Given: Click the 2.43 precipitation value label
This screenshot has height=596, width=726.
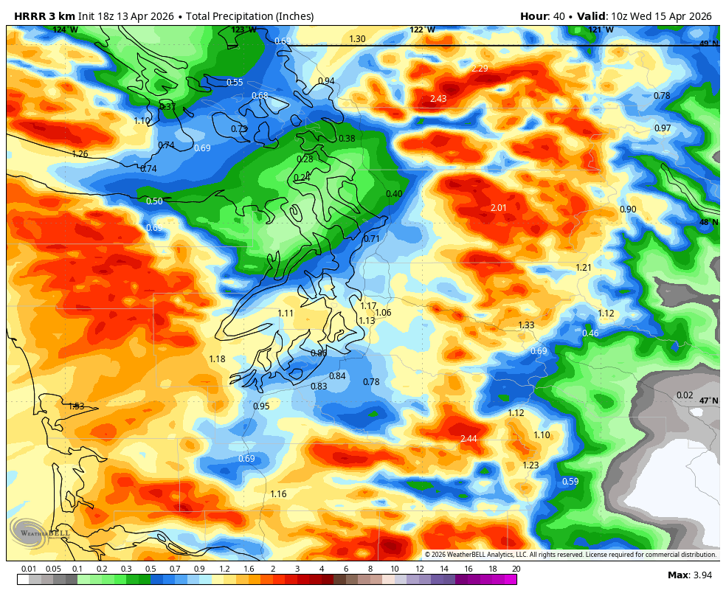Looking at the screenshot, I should point(438,99).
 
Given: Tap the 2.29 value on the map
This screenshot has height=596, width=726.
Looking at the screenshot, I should point(480,69).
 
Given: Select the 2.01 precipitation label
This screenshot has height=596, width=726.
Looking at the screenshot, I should point(499,208).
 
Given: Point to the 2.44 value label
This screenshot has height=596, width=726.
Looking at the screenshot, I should point(469,439).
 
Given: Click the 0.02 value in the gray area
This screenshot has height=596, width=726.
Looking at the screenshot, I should point(685,395).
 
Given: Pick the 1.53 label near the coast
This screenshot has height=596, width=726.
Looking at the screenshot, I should point(76,406).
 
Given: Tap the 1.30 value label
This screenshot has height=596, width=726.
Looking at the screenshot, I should point(357,39).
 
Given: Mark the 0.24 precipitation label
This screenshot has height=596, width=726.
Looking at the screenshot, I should point(302,177).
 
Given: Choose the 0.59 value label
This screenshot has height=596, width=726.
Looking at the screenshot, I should point(570,482).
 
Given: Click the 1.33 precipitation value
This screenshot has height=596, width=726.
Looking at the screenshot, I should point(526,325).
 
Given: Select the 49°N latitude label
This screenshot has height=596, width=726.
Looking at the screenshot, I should point(708,44).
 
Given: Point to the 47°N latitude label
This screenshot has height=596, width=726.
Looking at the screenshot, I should point(708,401).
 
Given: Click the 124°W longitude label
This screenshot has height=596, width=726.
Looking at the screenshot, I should point(65,30).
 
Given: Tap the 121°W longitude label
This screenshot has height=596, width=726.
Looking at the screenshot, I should point(601,30).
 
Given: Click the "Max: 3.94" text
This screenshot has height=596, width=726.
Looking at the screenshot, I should point(689,575).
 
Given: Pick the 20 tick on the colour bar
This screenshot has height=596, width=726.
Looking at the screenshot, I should point(516,569).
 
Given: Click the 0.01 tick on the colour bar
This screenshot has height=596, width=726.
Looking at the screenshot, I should point(29,569).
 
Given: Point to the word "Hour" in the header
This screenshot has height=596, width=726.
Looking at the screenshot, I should point(533,16).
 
